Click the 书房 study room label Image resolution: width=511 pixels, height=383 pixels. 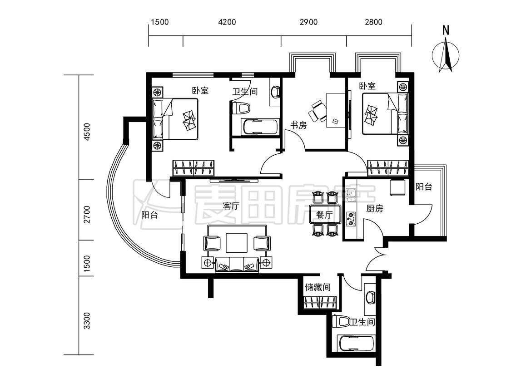298,125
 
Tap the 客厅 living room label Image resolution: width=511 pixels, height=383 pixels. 231,206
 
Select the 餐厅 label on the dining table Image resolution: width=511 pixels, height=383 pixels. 324,215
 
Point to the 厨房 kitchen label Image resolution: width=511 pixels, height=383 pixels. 374,208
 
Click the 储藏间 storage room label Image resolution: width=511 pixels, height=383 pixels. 318,287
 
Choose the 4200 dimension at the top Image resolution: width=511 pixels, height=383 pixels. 227,22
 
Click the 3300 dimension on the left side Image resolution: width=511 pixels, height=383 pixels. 87,321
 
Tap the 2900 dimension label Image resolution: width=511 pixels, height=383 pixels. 308,22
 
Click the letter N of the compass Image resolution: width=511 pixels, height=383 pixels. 446,30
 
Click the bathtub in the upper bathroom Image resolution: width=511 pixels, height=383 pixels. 260,127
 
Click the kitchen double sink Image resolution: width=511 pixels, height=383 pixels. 351,196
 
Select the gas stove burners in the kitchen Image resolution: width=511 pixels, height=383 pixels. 351,219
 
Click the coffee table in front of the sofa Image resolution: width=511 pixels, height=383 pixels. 237,243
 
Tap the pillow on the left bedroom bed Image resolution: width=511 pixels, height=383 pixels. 190,119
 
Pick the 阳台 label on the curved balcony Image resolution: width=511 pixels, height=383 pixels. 149,215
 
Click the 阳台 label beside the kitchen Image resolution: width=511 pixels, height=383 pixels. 424,187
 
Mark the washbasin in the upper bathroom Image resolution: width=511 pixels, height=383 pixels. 275,92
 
